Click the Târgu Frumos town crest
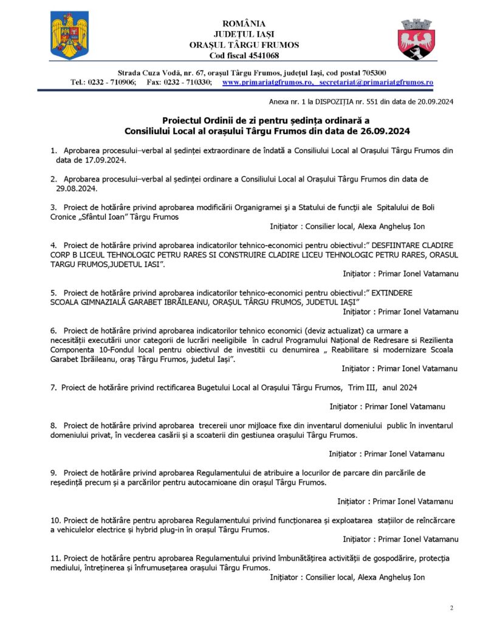pyautogui.click(x=416, y=39)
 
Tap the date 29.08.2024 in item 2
pyautogui.click(x=78, y=188)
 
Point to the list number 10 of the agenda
pyautogui.click(x=55, y=521)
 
